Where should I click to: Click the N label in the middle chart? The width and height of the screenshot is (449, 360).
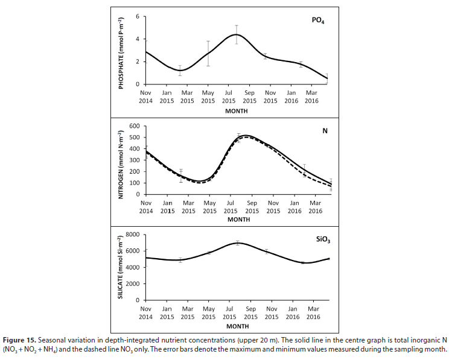click(325, 131)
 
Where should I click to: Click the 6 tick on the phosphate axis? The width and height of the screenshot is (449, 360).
click(138, 16)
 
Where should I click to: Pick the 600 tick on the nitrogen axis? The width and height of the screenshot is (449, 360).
click(135, 126)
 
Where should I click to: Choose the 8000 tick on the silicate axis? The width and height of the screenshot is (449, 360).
click(132, 235)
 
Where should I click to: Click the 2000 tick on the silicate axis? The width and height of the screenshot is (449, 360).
click(132, 284)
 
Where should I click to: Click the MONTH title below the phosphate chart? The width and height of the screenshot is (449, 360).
click(236, 112)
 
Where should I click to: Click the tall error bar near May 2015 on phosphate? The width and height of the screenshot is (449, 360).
click(208, 62)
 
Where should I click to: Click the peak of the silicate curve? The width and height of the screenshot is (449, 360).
click(237, 243)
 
